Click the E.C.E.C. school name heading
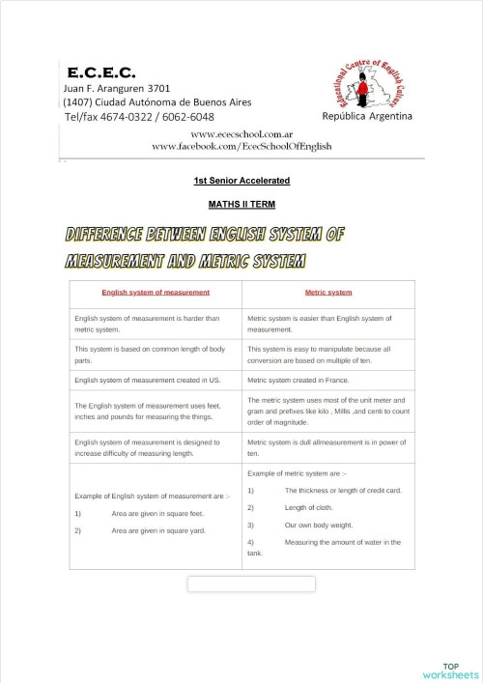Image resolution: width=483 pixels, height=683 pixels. pyautogui.click(x=101, y=72)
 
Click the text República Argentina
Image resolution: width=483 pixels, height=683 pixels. pyautogui.click(x=367, y=116)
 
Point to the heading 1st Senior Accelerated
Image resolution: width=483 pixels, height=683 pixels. pyautogui.click(x=241, y=181)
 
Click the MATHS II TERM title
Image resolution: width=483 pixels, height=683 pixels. pyautogui.click(x=241, y=205)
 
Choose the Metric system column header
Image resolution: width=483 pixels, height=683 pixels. pyautogui.click(x=328, y=292)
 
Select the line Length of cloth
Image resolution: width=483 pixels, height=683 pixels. pyautogui.click(x=308, y=507)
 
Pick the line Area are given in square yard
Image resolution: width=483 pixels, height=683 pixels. pyautogui.click(x=157, y=530)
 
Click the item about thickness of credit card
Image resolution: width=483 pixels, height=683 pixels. pyautogui.click(x=342, y=490)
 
